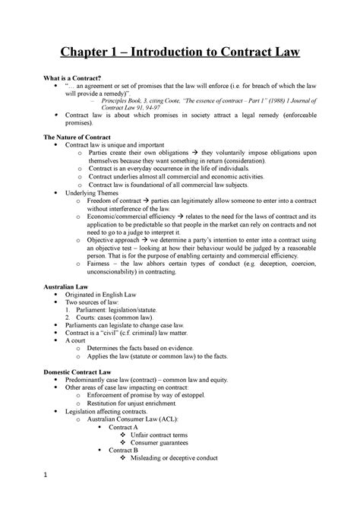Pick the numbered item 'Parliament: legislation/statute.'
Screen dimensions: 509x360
pos(137,319)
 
